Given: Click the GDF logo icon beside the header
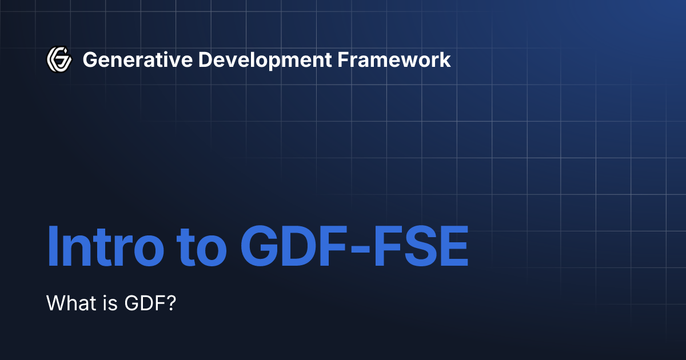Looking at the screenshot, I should pyautogui.click(x=59, y=59).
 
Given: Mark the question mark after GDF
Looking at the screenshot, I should pyautogui.click(x=169, y=303).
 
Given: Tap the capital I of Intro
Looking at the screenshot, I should pyautogui.click(x=52, y=246).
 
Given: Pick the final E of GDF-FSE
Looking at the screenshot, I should pyautogui.click(x=454, y=246).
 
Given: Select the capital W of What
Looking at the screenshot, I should pyautogui.click(x=55, y=303).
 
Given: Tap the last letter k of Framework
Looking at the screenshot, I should pyautogui.click(x=446, y=59).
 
